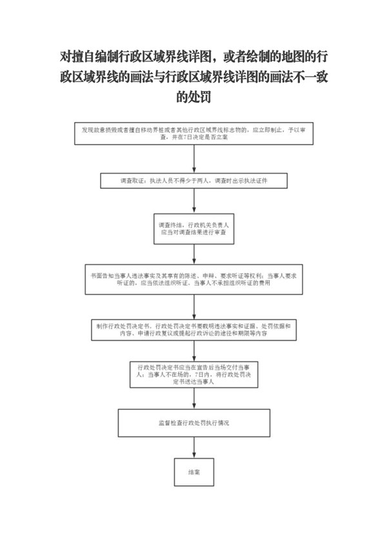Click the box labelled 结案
pos(193,472)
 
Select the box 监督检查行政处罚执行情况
pos(193,424)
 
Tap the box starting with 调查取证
pos(193,181)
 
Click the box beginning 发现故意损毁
pos(193,134)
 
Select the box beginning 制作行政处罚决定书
pos(193,331)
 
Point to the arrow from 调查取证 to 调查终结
pos(193,201)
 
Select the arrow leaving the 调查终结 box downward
pos(193,254)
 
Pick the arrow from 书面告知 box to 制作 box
pos(193,306)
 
